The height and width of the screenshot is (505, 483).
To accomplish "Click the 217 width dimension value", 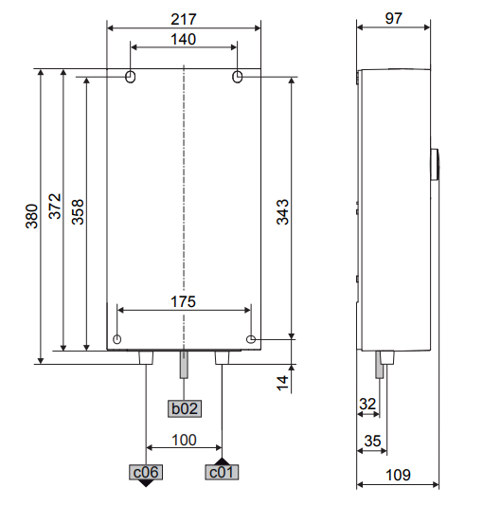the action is [x=183, y=19].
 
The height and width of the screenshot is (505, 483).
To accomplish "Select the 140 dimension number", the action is [x=183, y=40].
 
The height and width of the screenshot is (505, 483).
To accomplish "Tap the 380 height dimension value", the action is [x=32, y=216].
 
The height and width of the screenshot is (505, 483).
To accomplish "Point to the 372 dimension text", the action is [x=55, y=207].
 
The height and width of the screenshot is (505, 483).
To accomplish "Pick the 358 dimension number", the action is [x=78, y=212].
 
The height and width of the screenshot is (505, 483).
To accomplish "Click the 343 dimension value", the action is [x=283, y=212].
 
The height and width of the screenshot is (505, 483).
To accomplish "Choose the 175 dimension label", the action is [x=183, y=302].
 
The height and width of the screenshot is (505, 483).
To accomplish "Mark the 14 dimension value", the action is [x=282, y=383].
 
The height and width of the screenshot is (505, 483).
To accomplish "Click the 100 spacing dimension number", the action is [x=184, y=440].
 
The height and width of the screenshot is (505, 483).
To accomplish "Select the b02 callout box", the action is [x=185, y=408].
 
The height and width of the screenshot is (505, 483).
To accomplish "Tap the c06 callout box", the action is [x=146, y=472].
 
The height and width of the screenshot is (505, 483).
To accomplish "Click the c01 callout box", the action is [x=222, y=472].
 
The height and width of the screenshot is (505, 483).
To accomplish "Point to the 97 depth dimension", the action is [x=393, y=18].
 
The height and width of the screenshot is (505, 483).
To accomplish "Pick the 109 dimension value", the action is [x=398, y=475].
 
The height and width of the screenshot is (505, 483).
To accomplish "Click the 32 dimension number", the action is [x=367, y=404].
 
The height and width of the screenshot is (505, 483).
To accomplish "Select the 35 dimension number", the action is [x=372, y=441].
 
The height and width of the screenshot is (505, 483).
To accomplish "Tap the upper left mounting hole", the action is [x=130, y=77].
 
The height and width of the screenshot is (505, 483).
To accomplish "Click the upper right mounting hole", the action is [x=238, y=77].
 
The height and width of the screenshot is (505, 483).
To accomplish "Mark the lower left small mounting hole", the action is [x=117, y=339].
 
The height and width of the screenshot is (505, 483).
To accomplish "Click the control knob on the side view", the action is [x=435, y=165].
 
